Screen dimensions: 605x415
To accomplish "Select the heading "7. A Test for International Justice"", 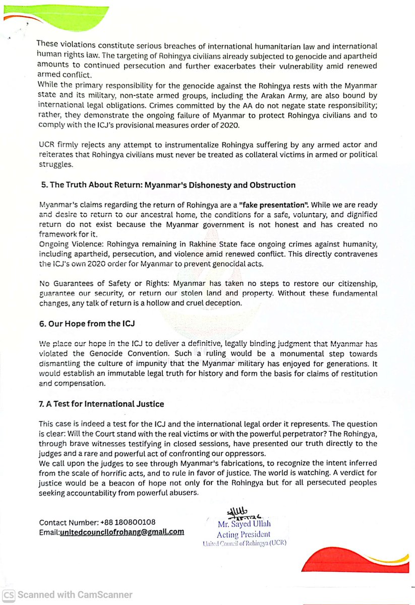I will (102, 403).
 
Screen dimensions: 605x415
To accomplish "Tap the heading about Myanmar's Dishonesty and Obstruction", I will (168, 185).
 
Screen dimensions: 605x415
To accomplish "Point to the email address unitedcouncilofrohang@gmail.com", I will (122, 532).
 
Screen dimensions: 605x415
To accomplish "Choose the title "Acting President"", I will (244, 534).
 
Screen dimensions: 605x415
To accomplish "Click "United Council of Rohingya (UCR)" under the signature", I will (245, 543).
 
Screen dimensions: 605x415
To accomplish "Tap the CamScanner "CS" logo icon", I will (9, 595).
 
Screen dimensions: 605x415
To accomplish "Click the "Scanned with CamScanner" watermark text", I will (75, 595).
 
